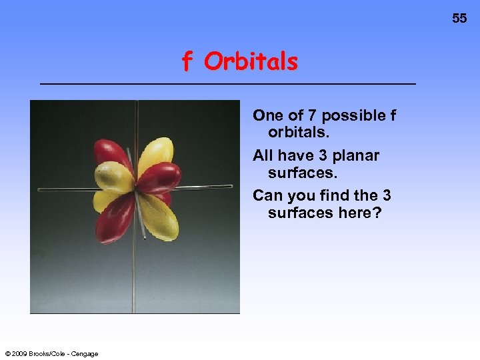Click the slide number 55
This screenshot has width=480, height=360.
point(459,19)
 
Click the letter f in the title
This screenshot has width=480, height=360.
point(188,62)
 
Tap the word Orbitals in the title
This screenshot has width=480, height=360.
point(251,62)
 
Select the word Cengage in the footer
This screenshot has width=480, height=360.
point(85,353)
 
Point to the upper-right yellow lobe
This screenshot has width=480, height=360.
point(159,153)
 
